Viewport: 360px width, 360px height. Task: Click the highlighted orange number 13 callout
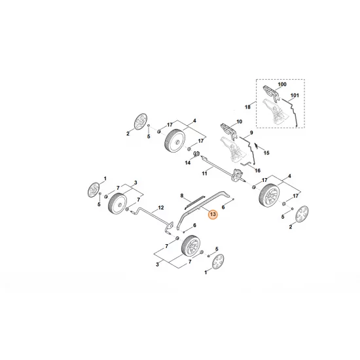coord(212,213)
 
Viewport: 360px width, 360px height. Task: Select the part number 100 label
coord(282,85)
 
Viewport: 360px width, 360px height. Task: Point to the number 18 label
coord(248,106)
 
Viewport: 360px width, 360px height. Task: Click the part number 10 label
coord(239,122)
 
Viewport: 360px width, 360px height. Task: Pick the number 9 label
coord(249,134)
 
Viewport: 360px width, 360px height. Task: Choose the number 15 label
coord(266,153)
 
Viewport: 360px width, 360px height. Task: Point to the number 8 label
coord(183,194)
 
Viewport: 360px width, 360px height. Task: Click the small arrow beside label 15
coord(258,143)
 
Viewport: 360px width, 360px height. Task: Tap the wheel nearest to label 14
coord(175,139)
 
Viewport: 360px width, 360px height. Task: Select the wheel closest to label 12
coord(119,203)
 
